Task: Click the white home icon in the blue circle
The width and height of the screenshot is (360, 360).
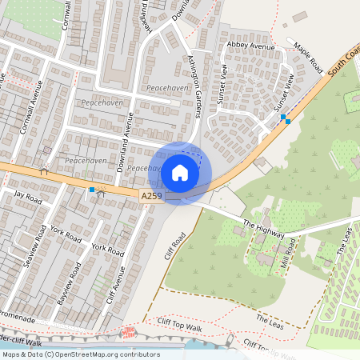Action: (180, 173)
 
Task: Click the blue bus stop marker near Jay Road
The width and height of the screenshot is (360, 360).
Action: (92, 190)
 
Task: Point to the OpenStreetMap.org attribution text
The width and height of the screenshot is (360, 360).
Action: (81, 354)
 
